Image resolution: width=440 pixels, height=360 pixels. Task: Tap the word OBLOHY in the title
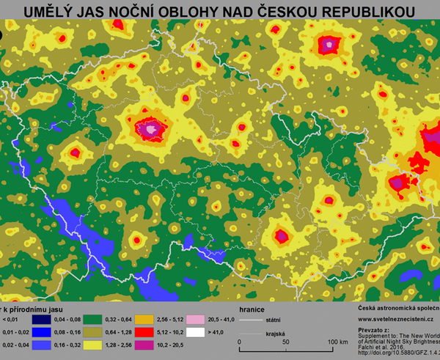click(x=188, y=11)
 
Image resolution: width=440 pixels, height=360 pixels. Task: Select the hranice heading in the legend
click(x=244, y=309)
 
